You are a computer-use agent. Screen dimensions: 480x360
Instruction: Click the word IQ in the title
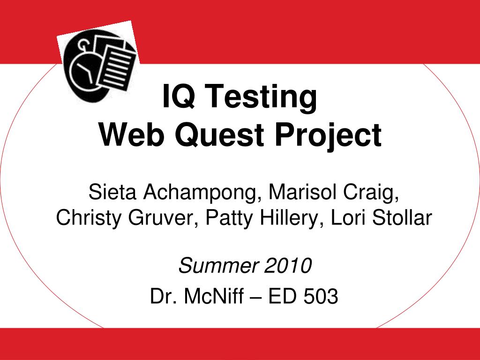coord(179,96)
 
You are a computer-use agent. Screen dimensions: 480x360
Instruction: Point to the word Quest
coord(219,135)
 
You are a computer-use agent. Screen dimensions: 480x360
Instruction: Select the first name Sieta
coord(112,192)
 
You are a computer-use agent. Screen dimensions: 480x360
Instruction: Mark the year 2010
coord(288,265)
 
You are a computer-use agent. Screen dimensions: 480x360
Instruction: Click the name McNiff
coord(214,296)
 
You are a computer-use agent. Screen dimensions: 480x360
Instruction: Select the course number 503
coord(321,296)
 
